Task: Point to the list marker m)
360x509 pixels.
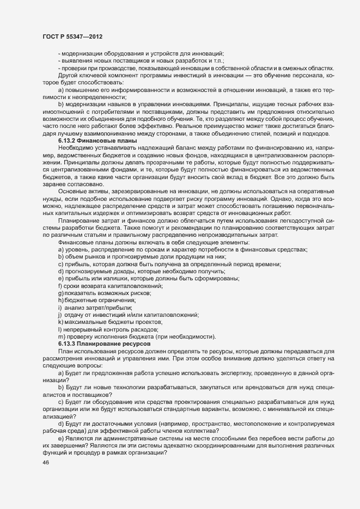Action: [x=61, y=337]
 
